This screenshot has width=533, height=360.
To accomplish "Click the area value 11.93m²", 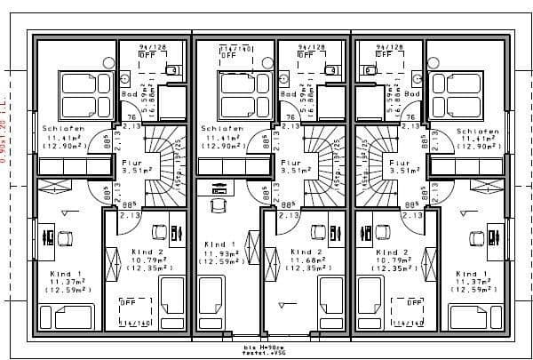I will pos(220,253).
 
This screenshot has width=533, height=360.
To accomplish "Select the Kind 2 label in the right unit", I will pos(392,252).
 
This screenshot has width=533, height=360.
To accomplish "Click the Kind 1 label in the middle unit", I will pos(220,244).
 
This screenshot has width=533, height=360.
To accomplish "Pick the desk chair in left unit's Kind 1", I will pos(66,238).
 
